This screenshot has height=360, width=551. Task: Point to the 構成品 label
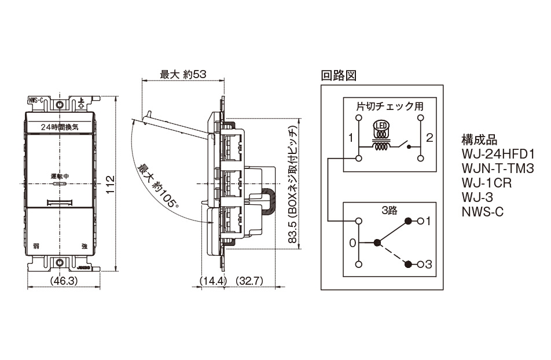point(479,140)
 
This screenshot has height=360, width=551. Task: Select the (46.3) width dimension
point(61,281)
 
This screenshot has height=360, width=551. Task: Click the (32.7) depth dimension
point(251,281)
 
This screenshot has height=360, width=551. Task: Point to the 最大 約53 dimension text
point(183,75)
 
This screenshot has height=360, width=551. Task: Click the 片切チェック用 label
point(390,106)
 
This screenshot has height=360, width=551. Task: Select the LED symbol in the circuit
point(381,126)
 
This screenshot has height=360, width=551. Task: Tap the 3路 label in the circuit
point(389,211)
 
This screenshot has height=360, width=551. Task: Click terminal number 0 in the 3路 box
point(352,243)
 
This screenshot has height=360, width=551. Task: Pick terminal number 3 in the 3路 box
point(429,264)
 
